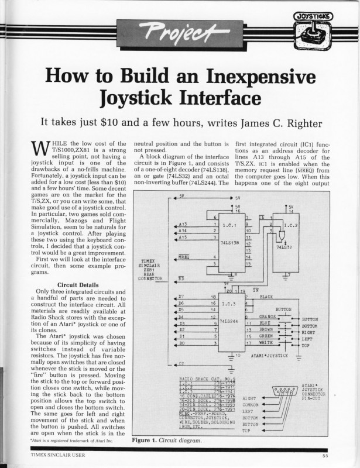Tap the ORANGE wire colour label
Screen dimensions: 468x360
(x=268, y=316)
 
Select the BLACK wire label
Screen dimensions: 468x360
(x=266, y=297)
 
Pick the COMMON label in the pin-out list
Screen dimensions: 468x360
(x=251, y=404)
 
